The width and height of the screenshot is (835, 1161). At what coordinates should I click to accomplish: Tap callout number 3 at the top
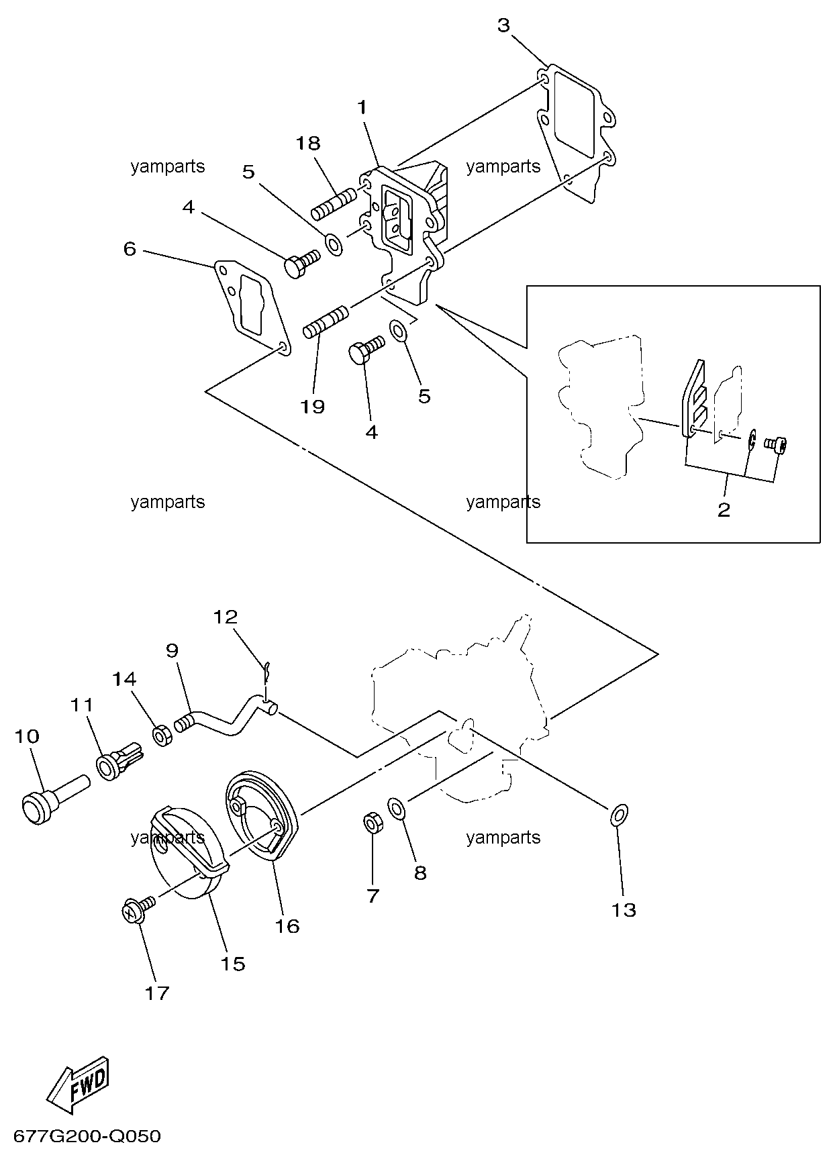click(x=503, y=26)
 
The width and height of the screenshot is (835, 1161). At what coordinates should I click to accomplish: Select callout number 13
click(x=624, y=910)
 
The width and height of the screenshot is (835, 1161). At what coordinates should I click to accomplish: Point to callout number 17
click(x=157, y=993)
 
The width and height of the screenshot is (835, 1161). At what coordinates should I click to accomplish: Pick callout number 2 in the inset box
click(x=724, y=510)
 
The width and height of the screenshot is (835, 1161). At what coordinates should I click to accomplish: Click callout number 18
click(x=309, y=144)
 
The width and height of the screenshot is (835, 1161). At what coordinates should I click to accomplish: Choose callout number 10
click(x=28, y=737)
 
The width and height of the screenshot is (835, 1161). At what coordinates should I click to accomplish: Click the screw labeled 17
click(x=137, y=909)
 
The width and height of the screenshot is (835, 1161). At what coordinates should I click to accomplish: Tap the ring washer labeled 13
click(x=619, y=816)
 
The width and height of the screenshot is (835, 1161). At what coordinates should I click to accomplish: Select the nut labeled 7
click(x=373, y=823)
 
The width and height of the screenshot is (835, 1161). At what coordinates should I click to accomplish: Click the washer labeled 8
click(x=396, y=809)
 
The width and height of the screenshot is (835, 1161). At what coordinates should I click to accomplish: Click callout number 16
click(x=287, y=926)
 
